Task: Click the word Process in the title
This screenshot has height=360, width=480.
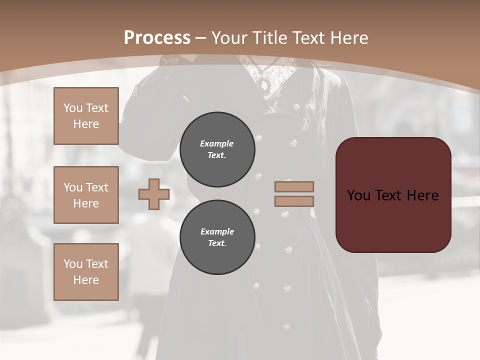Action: (x=157, y=38)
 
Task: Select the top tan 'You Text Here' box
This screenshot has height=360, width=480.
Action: (x=86, y=116)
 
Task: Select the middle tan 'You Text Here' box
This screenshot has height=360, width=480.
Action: (x=86, y=195)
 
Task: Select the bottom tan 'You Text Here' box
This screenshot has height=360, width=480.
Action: (x=86, y=271)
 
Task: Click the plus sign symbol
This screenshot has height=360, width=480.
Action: (x=153, y=194)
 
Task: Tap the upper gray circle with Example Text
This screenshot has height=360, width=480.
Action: (x=217, y=149)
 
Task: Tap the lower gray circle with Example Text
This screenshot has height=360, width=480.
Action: (x=217, y=237)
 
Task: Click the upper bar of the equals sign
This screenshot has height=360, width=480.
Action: (x=294, y=186)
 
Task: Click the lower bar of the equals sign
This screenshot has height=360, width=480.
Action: (x=294, y=201)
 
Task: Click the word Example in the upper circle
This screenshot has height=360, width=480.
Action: (x=217, y=143)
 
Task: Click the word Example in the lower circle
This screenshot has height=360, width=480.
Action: (x=217, y=231)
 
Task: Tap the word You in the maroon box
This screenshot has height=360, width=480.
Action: (x=358, y=195)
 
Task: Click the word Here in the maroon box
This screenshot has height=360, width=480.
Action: (x=422, y=195)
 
